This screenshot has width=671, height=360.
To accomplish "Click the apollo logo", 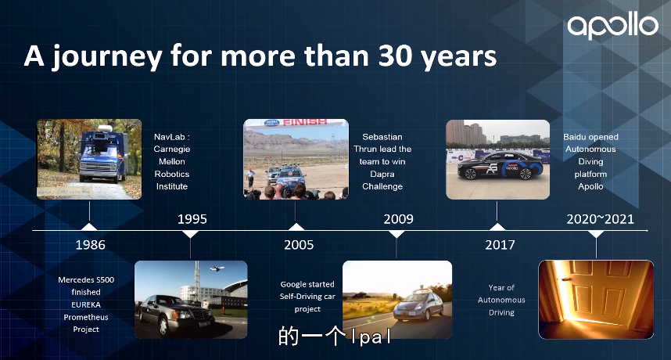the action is tap(613, 25).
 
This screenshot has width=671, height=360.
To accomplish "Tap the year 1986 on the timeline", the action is tap(90, 245).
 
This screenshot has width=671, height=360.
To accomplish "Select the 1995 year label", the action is tap(192, 219).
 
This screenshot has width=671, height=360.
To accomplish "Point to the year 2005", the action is tap(299, 245).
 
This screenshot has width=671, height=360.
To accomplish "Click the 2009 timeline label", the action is tap(398, 219).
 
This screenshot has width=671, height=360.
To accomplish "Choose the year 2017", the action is tap(500, 245).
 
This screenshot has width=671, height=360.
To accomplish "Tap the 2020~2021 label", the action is tap(600, 219).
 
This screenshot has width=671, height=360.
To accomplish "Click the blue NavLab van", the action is tap(102, 155).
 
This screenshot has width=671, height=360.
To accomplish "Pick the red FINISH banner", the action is tap(305, 122).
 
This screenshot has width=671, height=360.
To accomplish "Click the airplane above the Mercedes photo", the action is tap(217, 268).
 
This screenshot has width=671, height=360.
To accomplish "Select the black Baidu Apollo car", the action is tap(500, 165).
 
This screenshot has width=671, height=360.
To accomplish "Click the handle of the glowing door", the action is tap(567, 280).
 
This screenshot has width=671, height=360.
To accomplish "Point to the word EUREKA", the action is tap(86, 304).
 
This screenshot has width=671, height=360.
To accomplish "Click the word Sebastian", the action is tap(382, 137).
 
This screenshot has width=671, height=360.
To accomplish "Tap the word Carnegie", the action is tap(172, 149).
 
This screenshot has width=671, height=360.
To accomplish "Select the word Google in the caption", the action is tap(291, 284).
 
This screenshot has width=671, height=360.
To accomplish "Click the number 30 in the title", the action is tap(393, 56).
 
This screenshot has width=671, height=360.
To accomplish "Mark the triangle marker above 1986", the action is tap(89, 227).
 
